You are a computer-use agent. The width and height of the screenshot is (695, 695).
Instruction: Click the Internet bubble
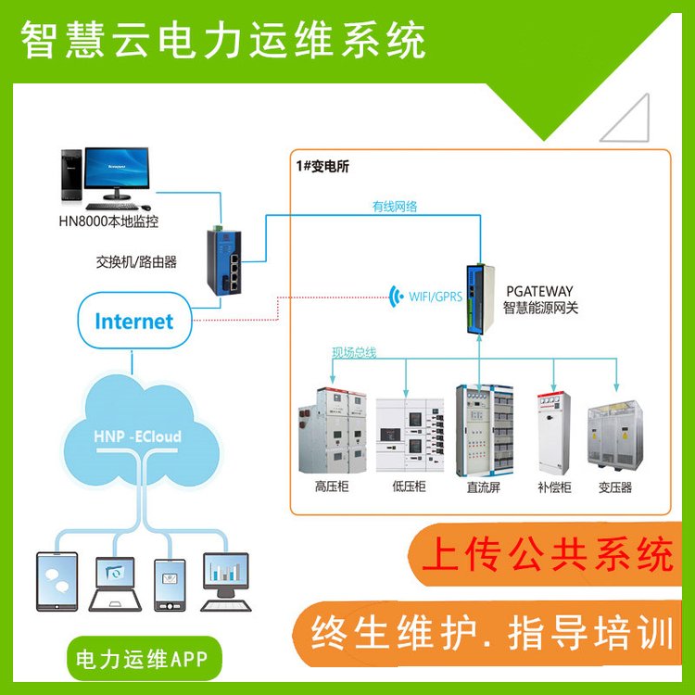click(x=134, y=321)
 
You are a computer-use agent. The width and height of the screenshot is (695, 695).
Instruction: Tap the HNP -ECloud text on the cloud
click(x=137, y=436)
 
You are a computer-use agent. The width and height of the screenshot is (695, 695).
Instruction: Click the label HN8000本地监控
click(x=108, y=221)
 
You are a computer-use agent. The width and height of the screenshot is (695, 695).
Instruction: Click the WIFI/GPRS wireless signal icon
click(x=396, y=297)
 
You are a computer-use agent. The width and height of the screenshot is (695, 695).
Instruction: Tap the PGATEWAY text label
click(x=539, y=291)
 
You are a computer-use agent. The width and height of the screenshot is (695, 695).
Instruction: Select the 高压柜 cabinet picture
click(x=333, y=431)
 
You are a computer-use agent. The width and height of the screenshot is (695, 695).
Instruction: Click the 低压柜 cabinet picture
click(x=410, y=435)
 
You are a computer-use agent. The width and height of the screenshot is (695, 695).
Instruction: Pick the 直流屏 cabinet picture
click(x=485, y=431)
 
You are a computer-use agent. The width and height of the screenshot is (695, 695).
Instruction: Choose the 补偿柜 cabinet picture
click(x=553, y=433)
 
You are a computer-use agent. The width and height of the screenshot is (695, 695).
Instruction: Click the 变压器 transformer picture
click(x=614, y=435)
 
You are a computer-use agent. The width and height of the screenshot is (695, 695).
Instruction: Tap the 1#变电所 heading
click(x=322, y=166)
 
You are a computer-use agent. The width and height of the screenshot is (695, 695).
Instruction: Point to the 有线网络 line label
click(x=395, y=206)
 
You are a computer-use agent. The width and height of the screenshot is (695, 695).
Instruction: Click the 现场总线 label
click(x=354, y=353)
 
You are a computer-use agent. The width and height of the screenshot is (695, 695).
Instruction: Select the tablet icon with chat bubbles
click(x=57, y=582)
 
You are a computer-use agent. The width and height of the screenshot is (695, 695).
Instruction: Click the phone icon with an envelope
click(x=170, y=585)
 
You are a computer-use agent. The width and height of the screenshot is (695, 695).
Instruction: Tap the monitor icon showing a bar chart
click(x=225, y=582)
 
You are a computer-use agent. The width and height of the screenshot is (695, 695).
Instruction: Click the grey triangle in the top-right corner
click(x=625, y=118)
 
